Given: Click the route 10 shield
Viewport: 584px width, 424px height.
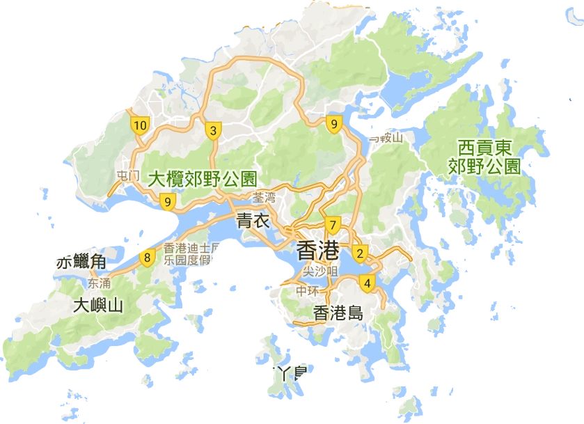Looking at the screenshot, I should (x=140, y=125).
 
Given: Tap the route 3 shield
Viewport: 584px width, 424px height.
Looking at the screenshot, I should (x=212, y=130).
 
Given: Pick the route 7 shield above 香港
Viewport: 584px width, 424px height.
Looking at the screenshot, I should (x=333, y=225).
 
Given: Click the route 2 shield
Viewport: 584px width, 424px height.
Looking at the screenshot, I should (x=360, y=252).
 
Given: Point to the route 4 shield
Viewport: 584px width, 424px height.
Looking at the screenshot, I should (x=367, y=282).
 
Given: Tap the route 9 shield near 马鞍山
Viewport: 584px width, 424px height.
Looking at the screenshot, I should (x=335, y=125).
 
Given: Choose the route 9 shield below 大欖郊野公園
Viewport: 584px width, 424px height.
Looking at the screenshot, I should (x=167, y=202).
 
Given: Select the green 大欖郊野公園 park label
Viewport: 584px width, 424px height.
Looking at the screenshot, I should (x=203, y=178).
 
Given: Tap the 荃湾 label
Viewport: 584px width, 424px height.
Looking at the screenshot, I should (x=265, y=197).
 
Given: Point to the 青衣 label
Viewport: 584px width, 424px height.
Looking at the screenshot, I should (x=253, y=221).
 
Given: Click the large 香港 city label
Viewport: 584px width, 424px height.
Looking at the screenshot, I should (x=318, y=250).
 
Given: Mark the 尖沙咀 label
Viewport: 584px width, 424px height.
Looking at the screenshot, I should (x=321, y=270).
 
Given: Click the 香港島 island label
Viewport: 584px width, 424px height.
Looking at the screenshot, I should (x=338, y=312).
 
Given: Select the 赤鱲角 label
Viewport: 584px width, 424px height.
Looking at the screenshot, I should (x=81, y=262).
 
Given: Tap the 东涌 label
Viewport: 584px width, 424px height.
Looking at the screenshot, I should (x=100, y=283).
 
